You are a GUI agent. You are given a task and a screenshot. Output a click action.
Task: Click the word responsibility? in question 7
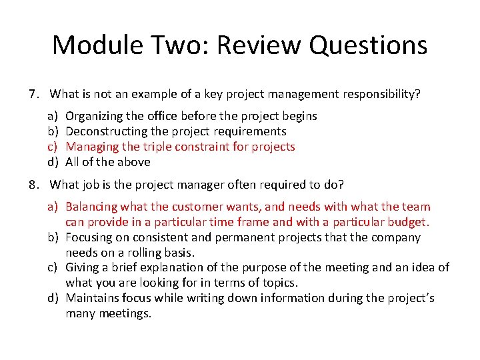381,94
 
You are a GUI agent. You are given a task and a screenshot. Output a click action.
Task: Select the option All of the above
108,162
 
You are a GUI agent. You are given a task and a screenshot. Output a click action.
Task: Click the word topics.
279,283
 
